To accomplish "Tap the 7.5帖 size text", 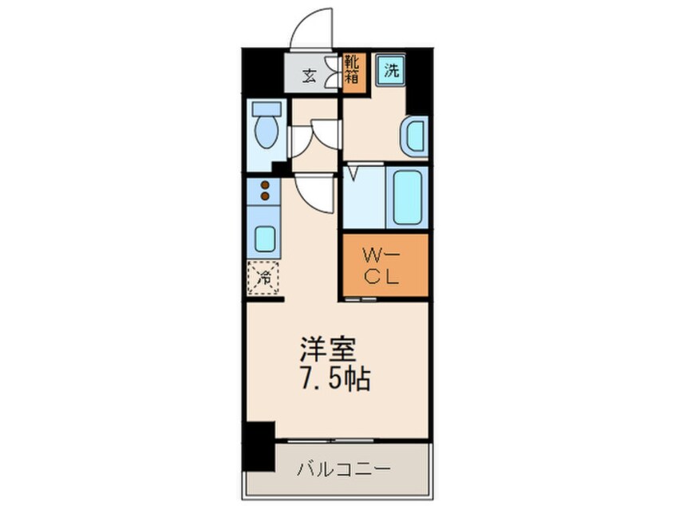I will pos(334,379).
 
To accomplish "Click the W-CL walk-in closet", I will pos(385,266).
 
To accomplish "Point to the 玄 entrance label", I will pos(308,77).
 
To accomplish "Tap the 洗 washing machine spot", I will pos(391,69).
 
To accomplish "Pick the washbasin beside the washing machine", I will pos(415,136).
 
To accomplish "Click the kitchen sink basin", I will pos(264,239).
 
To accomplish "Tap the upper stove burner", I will pos(265,184).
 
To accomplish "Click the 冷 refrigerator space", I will pos(264,278).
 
